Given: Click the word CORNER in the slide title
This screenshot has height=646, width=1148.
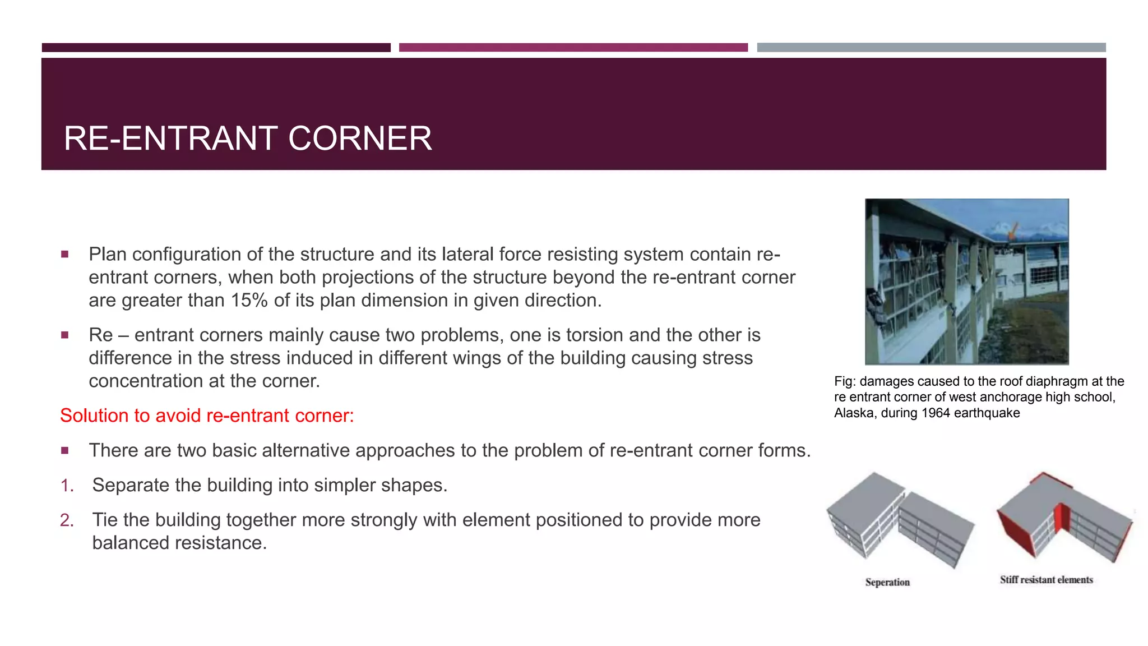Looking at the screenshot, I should tap(360, 139).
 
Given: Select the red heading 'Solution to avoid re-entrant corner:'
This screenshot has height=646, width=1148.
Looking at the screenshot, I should tap(207, 416).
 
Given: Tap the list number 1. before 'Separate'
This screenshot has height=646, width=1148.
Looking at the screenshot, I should tap(67, 486).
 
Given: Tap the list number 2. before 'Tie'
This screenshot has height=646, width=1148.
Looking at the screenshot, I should tap(67, 520).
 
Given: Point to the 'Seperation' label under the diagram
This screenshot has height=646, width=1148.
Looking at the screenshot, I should tap(887, 582).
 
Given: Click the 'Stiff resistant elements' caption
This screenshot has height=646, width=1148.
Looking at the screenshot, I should tap(1046, 580).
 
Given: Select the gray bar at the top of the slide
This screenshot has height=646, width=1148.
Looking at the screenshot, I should tap(931, 48).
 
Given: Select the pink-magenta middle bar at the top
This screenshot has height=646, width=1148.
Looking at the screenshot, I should tap(573, 48).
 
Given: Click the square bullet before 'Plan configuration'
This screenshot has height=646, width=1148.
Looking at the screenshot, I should tap(65, 255).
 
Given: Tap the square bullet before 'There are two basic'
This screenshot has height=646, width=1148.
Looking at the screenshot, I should tap(65, 450).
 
